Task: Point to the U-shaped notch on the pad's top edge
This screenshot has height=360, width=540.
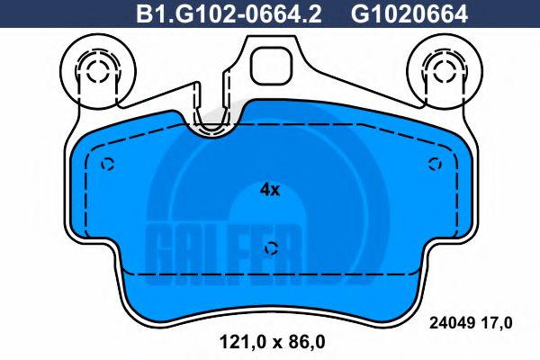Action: coord(212,123)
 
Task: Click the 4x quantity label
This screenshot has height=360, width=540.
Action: coord(270,190)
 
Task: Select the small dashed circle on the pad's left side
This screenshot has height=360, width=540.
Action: coord(107,164)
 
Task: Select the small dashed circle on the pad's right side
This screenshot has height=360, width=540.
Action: coord(436,163)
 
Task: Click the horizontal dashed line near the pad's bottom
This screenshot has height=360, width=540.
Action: coord(270,272)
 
